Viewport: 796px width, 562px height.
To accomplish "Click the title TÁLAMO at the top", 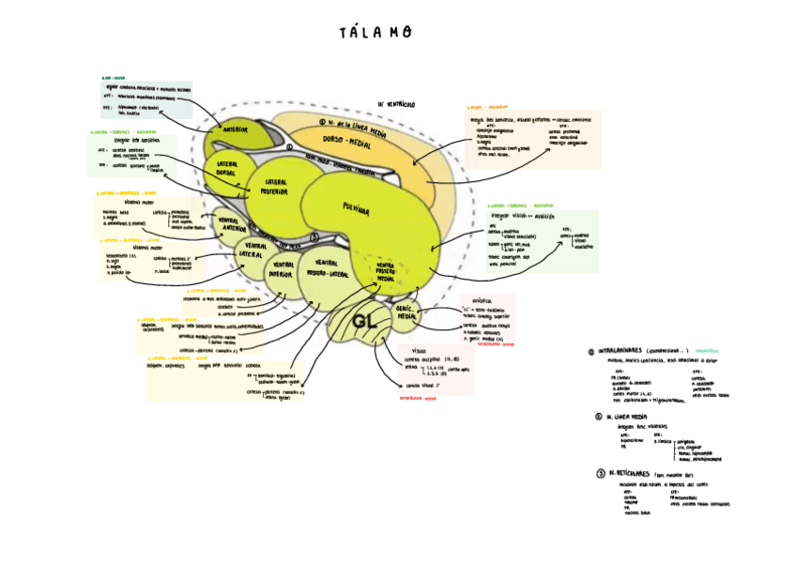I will click(x=375, y=33).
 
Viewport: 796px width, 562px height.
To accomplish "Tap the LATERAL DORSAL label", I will click(x=226, y=169).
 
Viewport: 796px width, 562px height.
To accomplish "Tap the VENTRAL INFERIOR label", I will click(x=283, y=271).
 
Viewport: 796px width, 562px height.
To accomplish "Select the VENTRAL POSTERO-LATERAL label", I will click(x=327, y=268).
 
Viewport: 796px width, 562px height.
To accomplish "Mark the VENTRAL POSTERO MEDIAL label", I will click(x=385, y=272).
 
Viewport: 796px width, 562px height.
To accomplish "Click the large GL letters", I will click(x=365, y=323).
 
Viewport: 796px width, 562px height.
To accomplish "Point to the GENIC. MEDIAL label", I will click(x=406, y=313).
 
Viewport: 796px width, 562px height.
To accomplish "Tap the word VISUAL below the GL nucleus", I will click(x=419, y=350).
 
